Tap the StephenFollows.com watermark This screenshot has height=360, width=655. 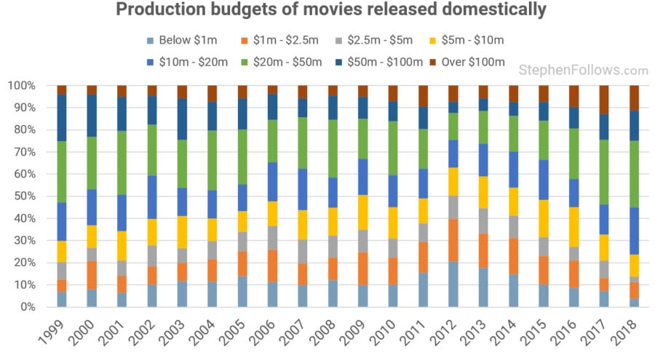coord(583,71)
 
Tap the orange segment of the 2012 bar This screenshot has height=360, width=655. coord(453,240)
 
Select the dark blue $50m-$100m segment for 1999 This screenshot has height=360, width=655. coord(62,117)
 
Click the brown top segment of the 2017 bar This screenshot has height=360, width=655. coord(603,100)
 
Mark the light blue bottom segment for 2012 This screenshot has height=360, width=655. coord(453,284)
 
